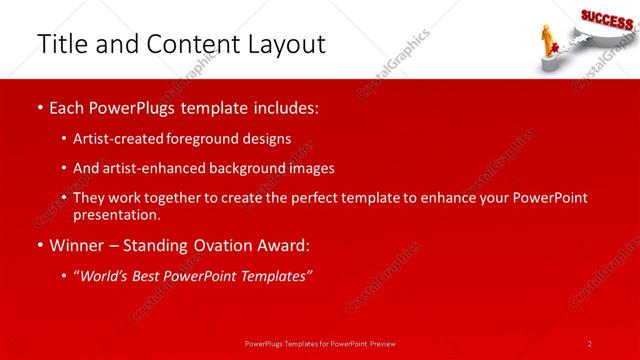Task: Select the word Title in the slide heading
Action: pyautogui.click(x=59, y=44)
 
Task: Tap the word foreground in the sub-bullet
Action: pyautogui.click(x=215, y=138)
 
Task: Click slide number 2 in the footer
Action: pyautogui.click(x=590, y=343)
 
